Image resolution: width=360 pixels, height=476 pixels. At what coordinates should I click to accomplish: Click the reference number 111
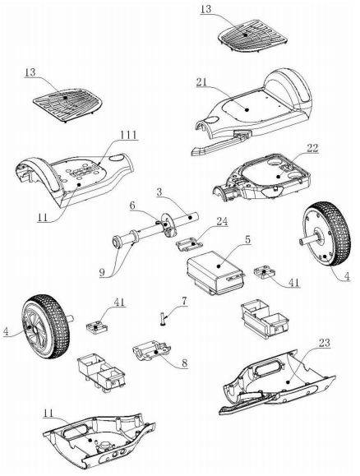(128, 135)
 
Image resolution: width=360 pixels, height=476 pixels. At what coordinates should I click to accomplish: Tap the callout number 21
(202, 82)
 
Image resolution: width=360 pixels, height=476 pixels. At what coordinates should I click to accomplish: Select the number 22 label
(312, 148)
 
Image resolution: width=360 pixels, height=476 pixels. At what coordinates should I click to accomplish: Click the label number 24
(222, 221)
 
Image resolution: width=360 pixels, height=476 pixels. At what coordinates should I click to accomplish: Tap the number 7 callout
(185, 301)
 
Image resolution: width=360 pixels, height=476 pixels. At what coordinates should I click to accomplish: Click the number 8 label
(185, 363)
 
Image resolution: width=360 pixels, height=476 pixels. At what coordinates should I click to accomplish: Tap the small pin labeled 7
(164, 319)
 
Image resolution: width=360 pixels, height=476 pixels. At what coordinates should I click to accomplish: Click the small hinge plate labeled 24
(189, 244)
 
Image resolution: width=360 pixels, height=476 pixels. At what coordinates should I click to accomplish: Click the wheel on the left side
(45, 326)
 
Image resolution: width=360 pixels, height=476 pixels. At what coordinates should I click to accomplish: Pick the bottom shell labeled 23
(277, 383)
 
